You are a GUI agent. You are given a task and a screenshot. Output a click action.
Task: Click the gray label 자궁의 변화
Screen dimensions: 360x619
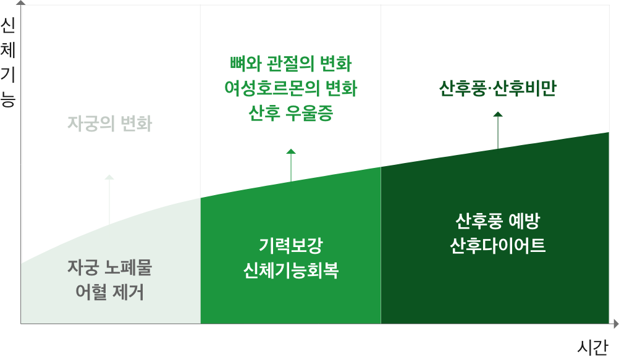point(109,124)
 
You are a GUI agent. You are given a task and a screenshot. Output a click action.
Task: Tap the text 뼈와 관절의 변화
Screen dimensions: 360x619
point(290,63)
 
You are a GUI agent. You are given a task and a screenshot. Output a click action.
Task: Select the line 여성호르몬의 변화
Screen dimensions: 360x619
point(290,88)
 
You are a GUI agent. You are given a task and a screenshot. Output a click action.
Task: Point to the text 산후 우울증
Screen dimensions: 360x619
point(290,114)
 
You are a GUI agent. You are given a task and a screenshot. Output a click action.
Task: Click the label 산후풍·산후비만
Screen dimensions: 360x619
point(497,89)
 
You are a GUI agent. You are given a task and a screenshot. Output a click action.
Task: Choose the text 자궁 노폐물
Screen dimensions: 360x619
point(109,267)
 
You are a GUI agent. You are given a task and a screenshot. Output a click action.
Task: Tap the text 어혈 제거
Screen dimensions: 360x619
point(109,292)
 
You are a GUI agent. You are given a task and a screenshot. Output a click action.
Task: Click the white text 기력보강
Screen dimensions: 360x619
point(290,245)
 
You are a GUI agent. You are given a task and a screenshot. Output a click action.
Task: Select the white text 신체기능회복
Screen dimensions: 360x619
point(290,270)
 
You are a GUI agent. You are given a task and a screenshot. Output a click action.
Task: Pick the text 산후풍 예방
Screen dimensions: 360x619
point(497,220)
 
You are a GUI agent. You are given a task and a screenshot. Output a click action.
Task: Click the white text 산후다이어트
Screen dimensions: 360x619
point(497,245)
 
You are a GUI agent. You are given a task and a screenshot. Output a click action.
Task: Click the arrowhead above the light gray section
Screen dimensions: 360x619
point(109,177)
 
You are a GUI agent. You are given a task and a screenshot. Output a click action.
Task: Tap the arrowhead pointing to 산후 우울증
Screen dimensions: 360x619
point(291,151)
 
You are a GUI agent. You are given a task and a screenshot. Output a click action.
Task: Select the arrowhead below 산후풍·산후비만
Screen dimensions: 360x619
point(498,114)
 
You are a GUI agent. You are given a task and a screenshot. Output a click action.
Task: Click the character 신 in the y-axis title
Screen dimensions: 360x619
point(7,25)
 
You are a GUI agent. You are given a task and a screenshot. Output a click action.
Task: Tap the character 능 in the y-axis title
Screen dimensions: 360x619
point(7,99)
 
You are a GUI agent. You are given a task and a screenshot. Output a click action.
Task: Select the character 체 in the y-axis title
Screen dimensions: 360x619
point(7,49)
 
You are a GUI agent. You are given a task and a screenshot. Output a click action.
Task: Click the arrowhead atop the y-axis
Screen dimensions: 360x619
point(21,2)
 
